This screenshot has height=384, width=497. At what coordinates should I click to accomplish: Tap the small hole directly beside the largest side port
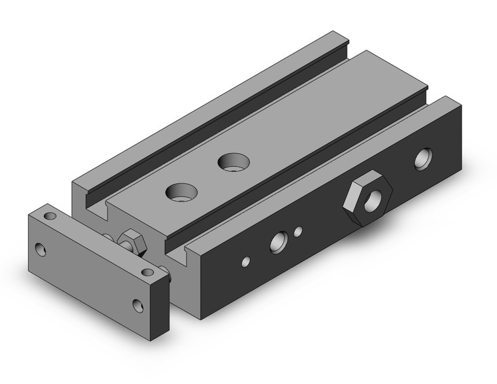click(298, 231)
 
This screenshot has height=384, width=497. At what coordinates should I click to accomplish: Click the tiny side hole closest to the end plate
click(245, 262)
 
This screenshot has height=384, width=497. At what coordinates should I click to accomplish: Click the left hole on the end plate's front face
click(41, 249)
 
